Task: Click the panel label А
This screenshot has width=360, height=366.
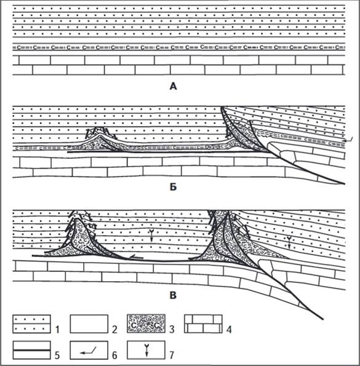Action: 173,87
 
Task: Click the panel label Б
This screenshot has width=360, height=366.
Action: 173,187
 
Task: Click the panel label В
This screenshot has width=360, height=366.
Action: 173,295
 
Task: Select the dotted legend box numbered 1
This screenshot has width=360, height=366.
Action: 31,324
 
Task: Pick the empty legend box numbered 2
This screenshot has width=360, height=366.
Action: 89,324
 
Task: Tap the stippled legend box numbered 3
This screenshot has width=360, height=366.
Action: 146,324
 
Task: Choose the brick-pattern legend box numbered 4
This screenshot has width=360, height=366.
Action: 203,324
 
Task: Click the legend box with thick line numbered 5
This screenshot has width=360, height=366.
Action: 31,350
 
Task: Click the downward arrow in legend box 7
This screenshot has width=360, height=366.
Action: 146,350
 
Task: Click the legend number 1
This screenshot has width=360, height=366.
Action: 57,329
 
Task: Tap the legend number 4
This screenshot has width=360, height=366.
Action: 229,329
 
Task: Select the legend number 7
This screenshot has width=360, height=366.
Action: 172,355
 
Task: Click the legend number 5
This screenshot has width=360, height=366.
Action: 57,355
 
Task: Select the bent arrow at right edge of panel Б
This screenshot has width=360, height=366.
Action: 348,140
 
